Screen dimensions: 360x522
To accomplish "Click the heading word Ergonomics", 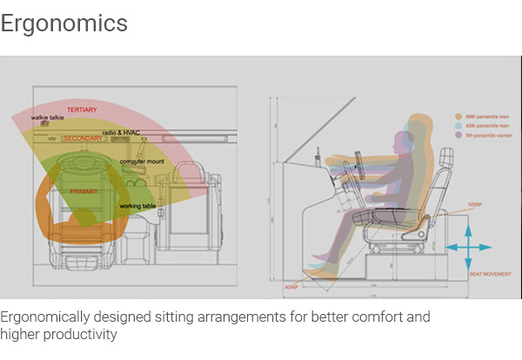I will click(64, 23).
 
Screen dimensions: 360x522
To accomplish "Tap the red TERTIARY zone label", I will click(82, 110).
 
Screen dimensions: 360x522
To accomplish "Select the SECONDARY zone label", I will click(83, 138).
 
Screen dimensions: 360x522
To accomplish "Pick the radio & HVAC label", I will click(121, 132).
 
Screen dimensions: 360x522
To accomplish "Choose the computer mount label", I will click(142, 162).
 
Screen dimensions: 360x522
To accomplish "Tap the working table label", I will click(137, 206).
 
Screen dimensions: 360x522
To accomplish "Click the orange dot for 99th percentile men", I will click(458, 115).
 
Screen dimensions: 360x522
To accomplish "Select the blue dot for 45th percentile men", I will click(458, 124).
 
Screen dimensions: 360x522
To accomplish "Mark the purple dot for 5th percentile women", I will click(458, 134).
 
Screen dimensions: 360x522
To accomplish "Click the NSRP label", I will click(475, 206).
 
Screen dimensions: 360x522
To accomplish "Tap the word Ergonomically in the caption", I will click(44, 317).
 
